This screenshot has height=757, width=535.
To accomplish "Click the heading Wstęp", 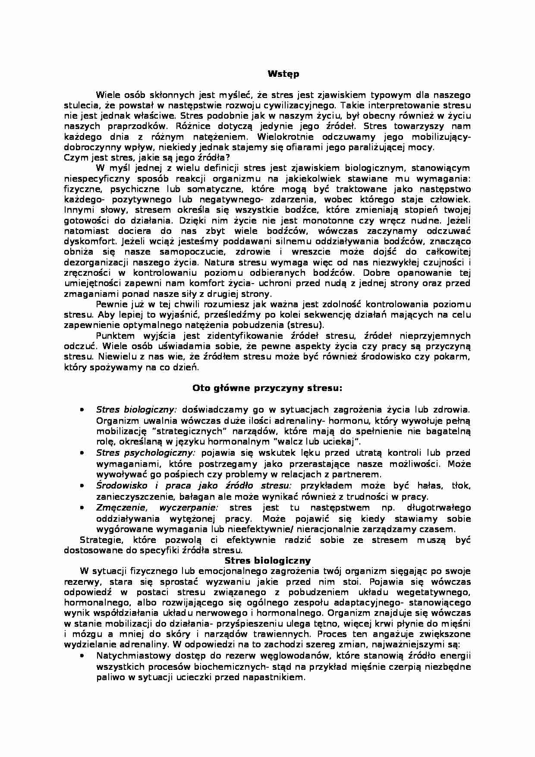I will [283, 74].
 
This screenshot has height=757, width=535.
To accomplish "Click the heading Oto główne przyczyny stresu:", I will [267, 388].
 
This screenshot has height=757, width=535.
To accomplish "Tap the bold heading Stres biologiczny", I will [267, 561].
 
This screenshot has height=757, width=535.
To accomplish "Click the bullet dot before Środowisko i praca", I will [82, 486].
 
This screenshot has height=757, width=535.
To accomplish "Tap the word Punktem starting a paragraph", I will [114, 335].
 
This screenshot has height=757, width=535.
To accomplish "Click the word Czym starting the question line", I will [73, 158].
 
